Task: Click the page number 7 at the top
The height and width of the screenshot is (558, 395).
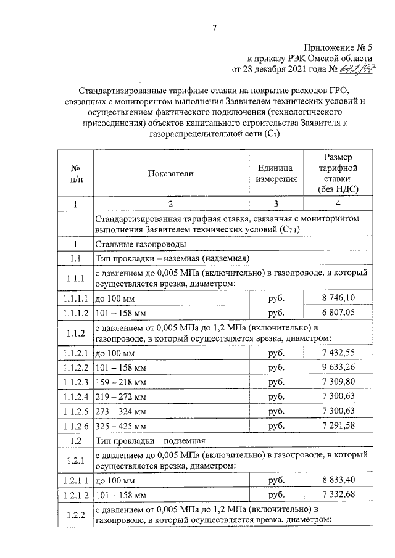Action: point(214,28)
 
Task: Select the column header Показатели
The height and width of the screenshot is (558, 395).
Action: point(171,174)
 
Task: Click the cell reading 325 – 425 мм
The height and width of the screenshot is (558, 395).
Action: point(122,425)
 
